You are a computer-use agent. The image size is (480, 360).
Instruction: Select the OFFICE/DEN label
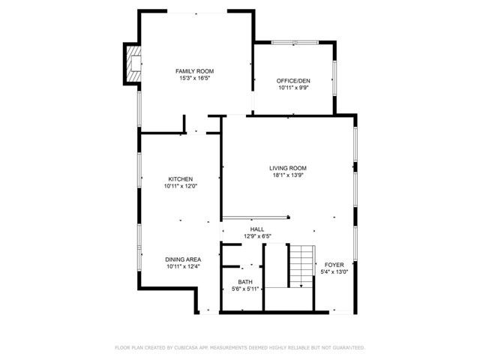(293, 80)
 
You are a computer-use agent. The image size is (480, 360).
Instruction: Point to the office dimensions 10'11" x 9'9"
(293, 88)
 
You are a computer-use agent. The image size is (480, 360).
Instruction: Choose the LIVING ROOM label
(288, 168)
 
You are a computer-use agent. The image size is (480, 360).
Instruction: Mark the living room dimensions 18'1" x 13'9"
(288, 175)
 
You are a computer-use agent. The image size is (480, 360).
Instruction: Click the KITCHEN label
(180, 179)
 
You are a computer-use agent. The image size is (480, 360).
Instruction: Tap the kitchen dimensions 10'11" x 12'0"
(180, 187)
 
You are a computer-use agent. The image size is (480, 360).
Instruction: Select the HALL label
(257, 229)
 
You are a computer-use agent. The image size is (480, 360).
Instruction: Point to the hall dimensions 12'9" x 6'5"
(257, 237)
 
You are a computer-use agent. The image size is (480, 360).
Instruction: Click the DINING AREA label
(183, 259)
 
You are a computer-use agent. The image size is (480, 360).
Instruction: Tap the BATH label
(245, 282)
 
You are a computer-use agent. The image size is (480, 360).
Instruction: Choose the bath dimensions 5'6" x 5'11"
(245, 289)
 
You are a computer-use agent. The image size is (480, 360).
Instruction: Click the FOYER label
(334, 265)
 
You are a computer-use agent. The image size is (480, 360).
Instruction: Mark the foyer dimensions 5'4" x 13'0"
(334, 272)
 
